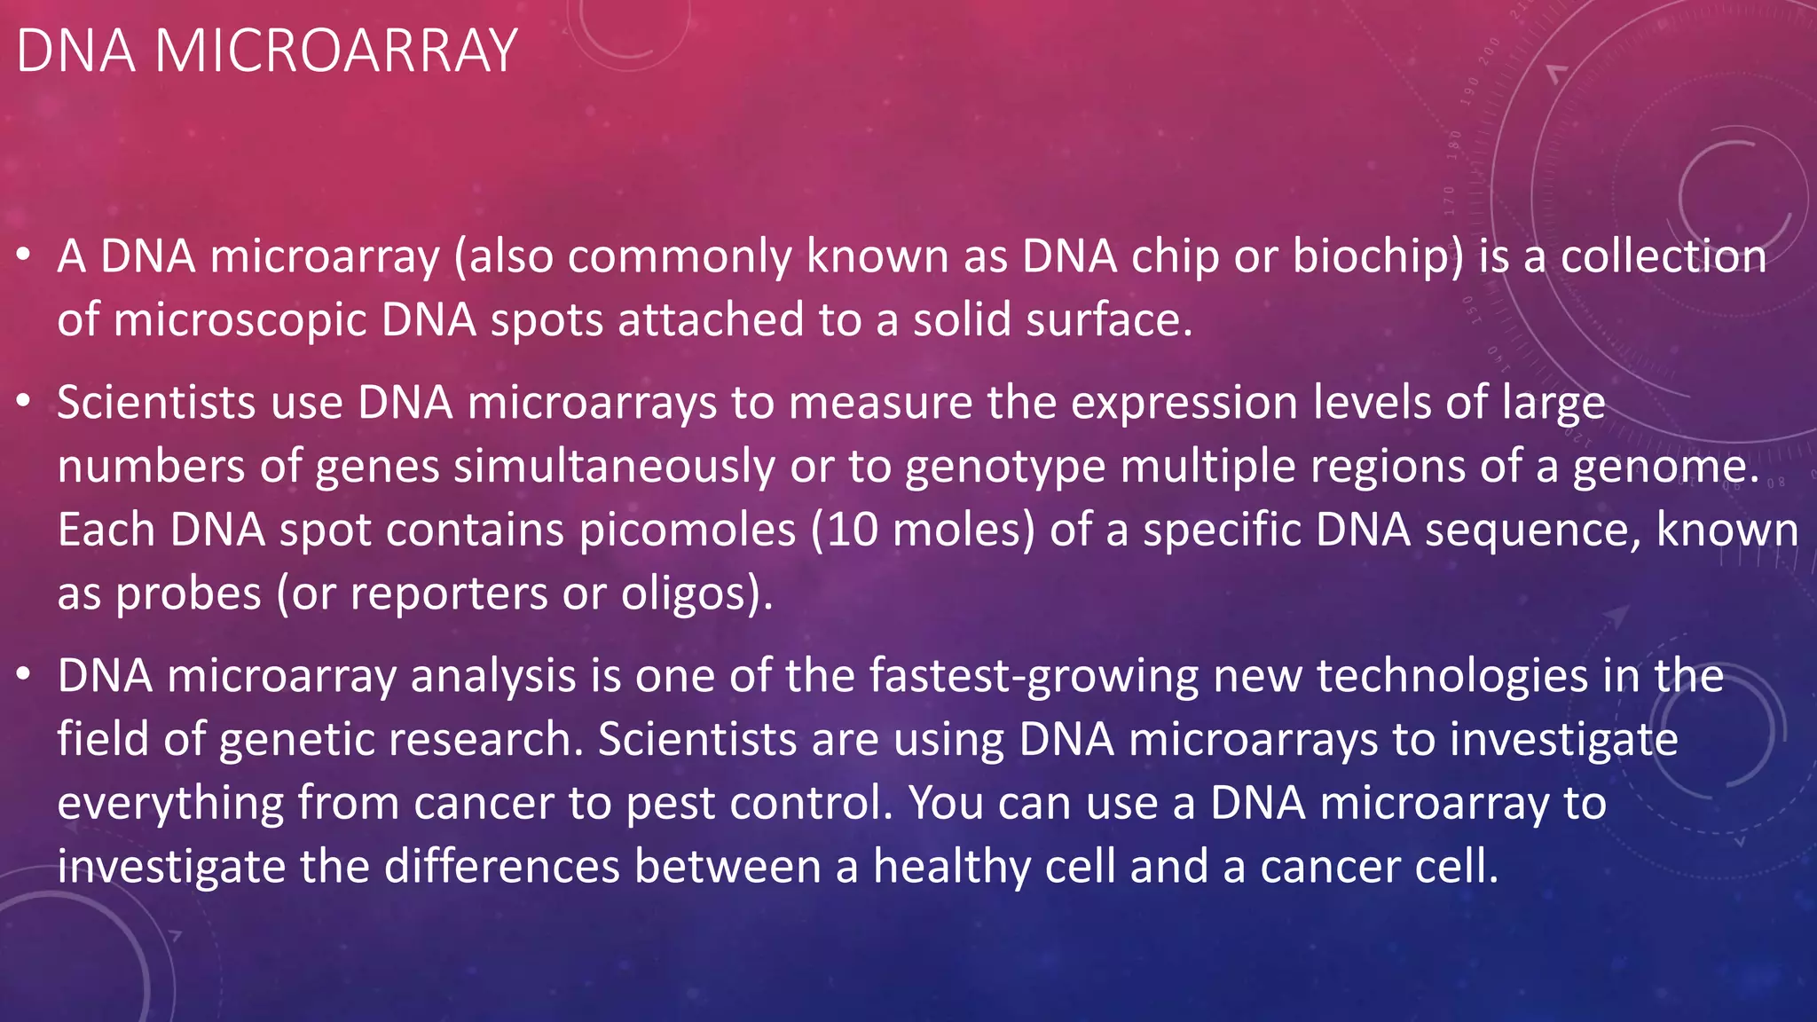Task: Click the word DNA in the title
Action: (75, 51)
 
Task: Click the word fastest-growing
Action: (1034, 676)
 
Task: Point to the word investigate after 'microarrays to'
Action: (1563, 740)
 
